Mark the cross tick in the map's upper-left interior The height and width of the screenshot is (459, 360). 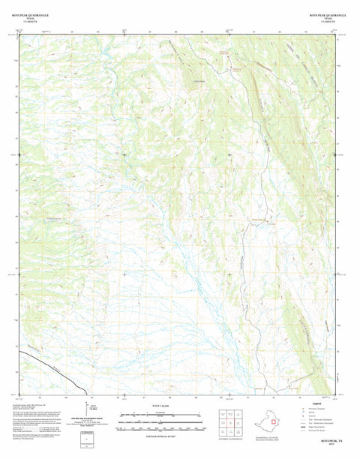124,154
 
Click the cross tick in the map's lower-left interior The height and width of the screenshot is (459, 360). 124,274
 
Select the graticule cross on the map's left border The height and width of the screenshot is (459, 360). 20,154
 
